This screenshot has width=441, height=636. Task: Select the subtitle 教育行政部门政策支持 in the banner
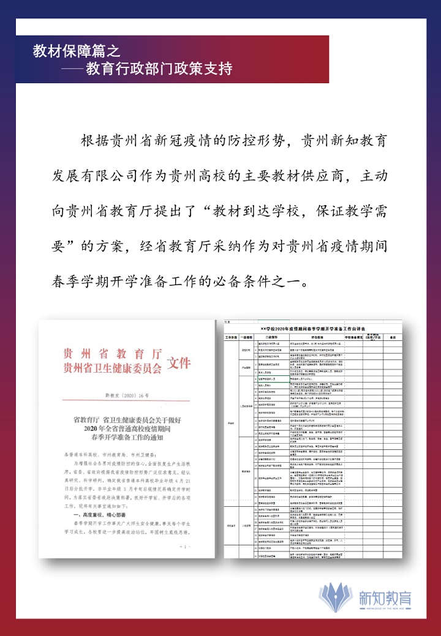[159, 68]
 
